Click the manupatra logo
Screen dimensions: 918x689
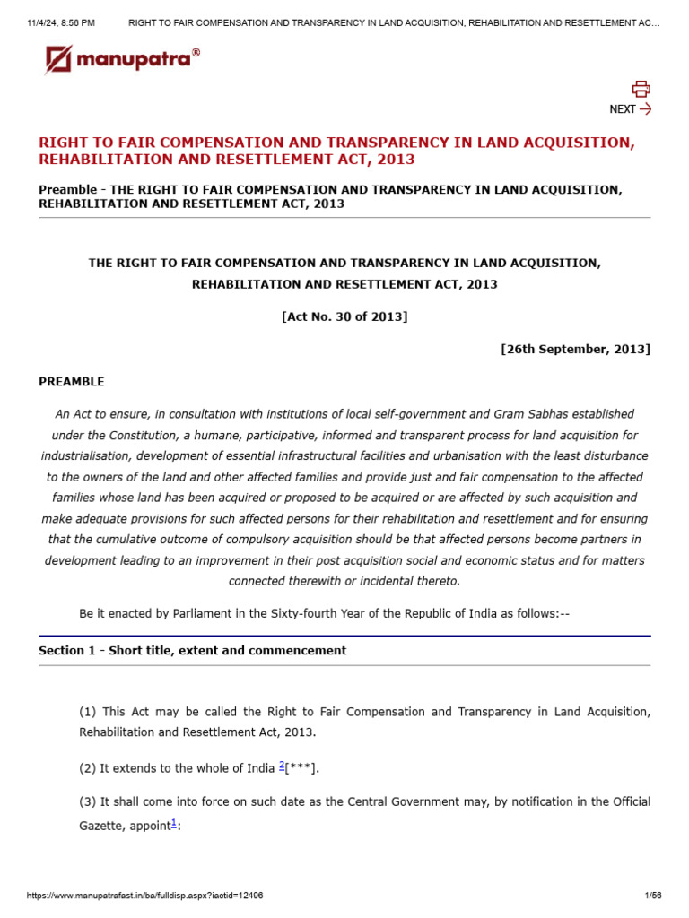(x=123, y=60)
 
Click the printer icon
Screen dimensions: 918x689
(x=641, y=88)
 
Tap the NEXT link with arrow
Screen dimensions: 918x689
(x=630, y=109)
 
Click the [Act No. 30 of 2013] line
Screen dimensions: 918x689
(x=344, y=316)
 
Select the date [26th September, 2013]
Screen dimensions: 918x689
(x=575, y=349)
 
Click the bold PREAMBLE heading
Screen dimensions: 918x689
(x=72, y=382)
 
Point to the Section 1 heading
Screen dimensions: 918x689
(x=192, y=651)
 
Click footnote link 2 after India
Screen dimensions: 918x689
(x=282, y=765)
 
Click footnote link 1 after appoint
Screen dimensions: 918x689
(x=174, y=823)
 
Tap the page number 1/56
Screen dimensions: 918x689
(x=652, y=896)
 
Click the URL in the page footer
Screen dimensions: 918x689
(x=145, y=896)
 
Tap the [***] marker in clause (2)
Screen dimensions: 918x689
(x=301, y=768)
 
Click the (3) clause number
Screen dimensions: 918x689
(x=88, y=801)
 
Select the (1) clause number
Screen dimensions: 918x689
(x=88, y=712)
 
